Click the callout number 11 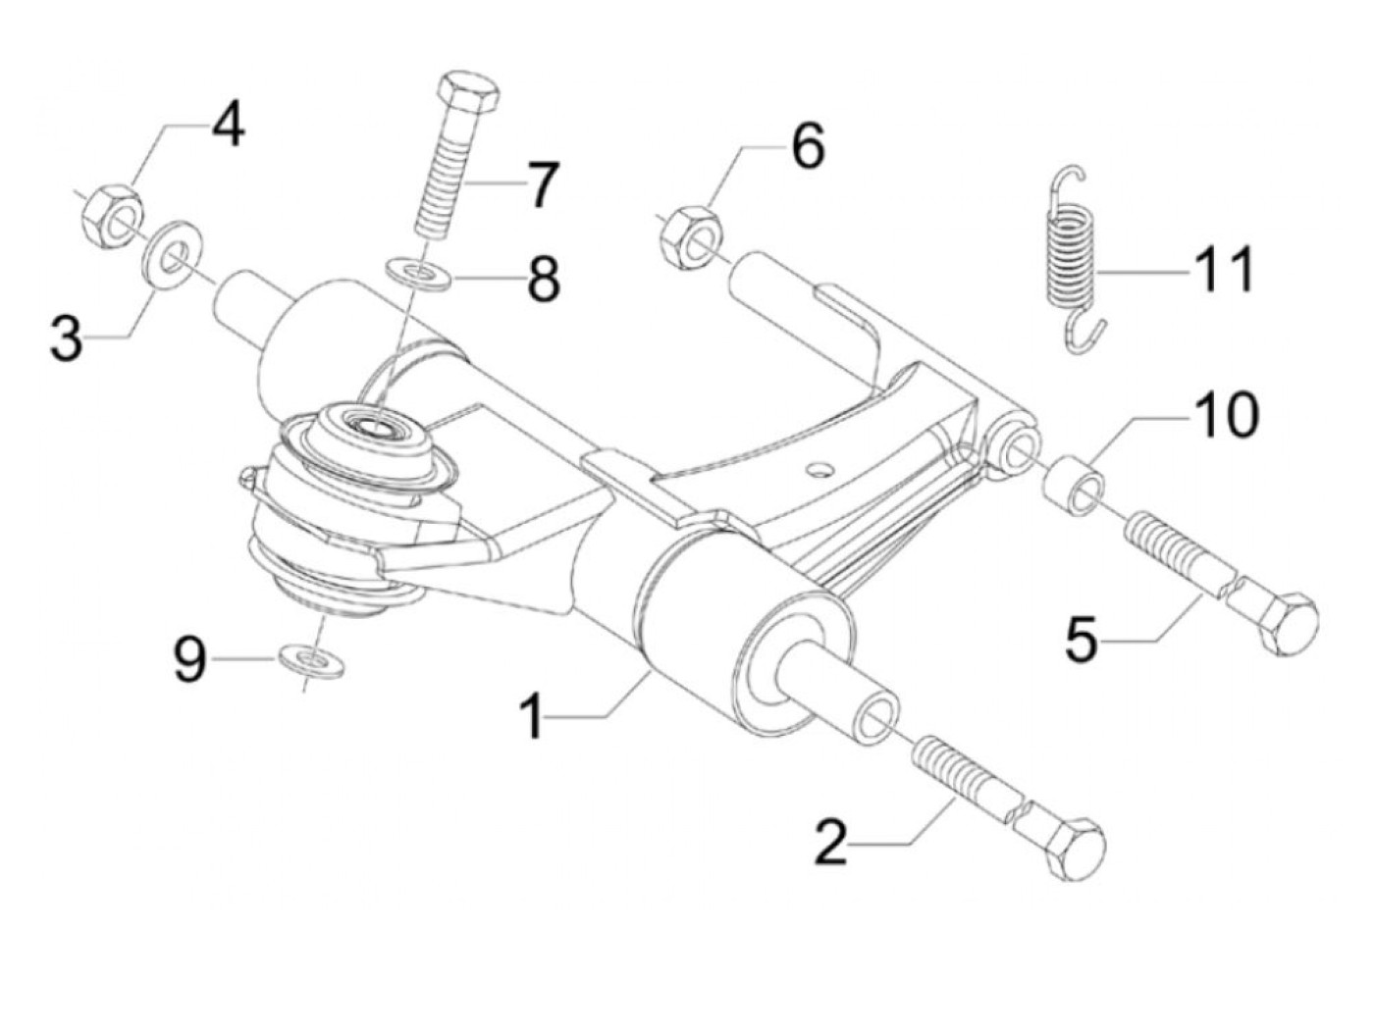[x=1223, y=269]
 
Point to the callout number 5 [x=1082, y=639]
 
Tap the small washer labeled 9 [x=310, y=661]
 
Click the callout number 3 [x=67, y=338]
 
